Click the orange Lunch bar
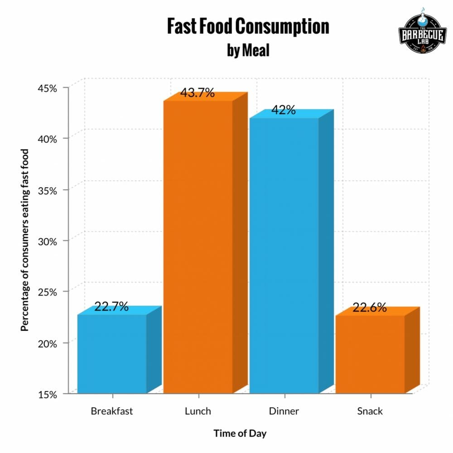tap(198, 247)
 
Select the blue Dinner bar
tap(284, 256)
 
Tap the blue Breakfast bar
tap(112, 353)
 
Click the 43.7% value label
tap(197, 93)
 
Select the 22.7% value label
tap(111, 307)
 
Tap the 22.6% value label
tap(370, 308)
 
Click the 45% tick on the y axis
tap(48, 88)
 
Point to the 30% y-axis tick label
tap(48, 241)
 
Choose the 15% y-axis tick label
tap(48, 395)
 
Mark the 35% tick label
tap(48, 190)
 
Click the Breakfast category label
tap(112, 411)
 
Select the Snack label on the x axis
tap(370, 411)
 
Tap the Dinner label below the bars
tap(284, 411)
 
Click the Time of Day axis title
tap(240, 434)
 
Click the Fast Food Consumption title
tap(248, 27)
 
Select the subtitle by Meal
tap(248, 50)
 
